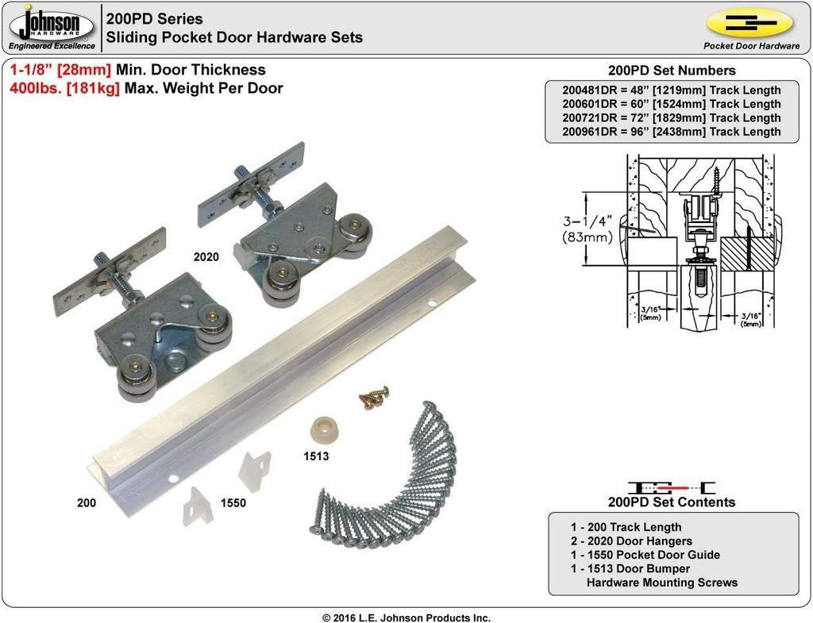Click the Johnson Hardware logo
tap(52, 27)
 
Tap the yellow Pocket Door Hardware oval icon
tap(750, 24)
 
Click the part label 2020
tap(206, 257)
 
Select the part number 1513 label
tap(316, 456)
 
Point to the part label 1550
tap(233, 502)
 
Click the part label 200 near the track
tap(87, 502)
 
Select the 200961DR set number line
tap(671, 132)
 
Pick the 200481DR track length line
tap(671, 90)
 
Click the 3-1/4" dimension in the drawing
tap(585, 223)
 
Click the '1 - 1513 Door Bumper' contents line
tap(630, 568)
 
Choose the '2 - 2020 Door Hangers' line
tap(631, 540)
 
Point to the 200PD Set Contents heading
tap(671, 502)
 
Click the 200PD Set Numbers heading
tap(671, 71)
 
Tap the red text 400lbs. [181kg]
tap(65, 88)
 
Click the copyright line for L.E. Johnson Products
tap(406, 617)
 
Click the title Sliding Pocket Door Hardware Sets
tap(234, 37)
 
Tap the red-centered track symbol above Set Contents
tap(672, 486)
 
